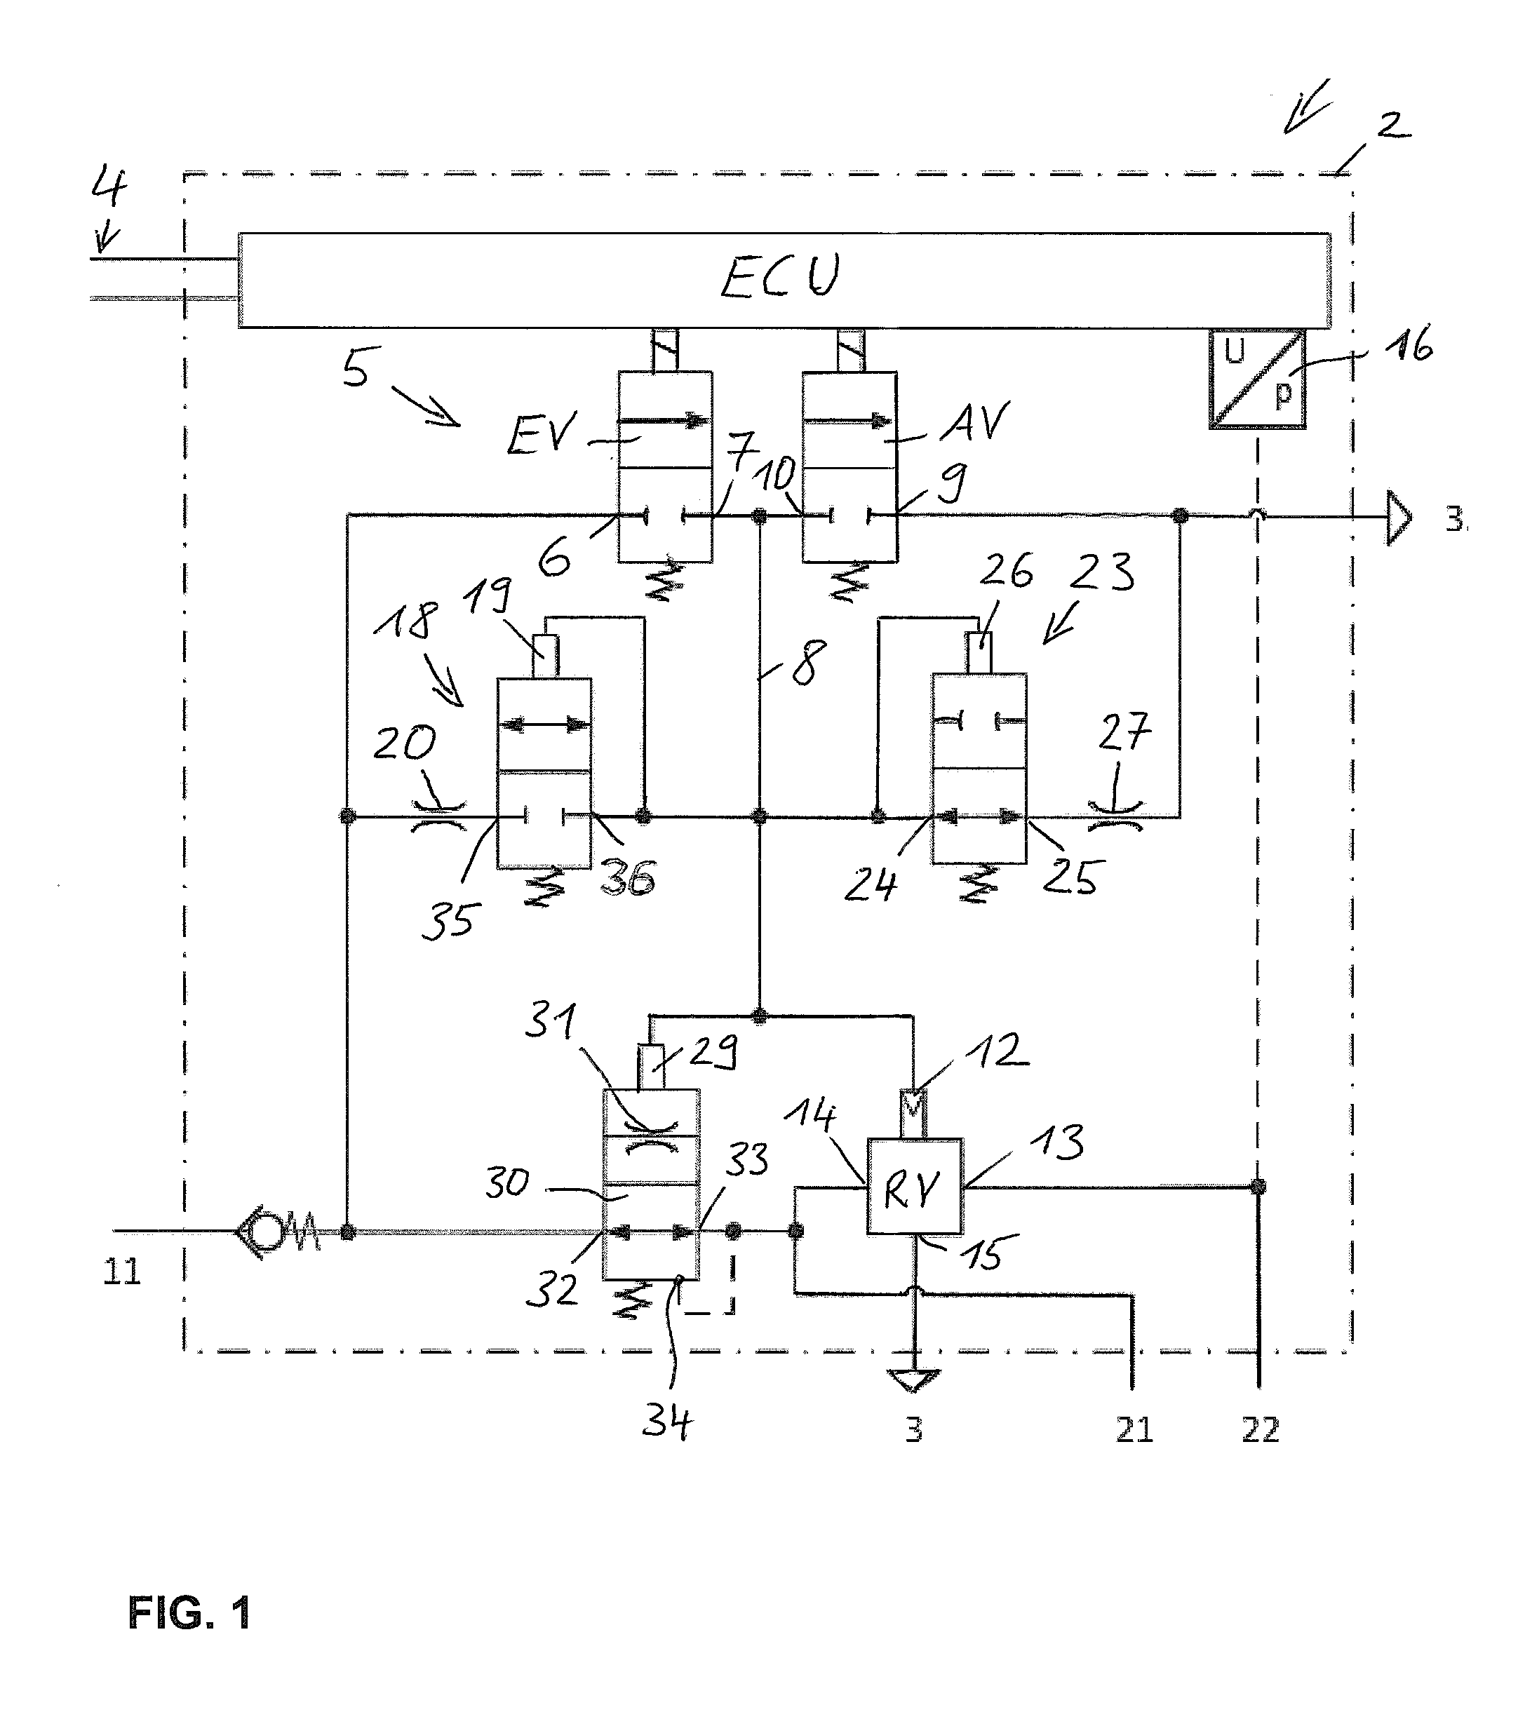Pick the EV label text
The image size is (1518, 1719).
tap(542, 435)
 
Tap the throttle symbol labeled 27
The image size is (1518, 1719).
tap(1115, 816)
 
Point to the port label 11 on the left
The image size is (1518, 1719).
tap(122, 1272)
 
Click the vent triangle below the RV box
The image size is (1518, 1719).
tap(914, 1381)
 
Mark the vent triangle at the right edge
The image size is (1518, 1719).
tap(1398, 517)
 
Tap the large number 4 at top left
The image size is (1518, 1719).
tap(109, 186)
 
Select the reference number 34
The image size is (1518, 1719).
tap(667, 1422)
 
